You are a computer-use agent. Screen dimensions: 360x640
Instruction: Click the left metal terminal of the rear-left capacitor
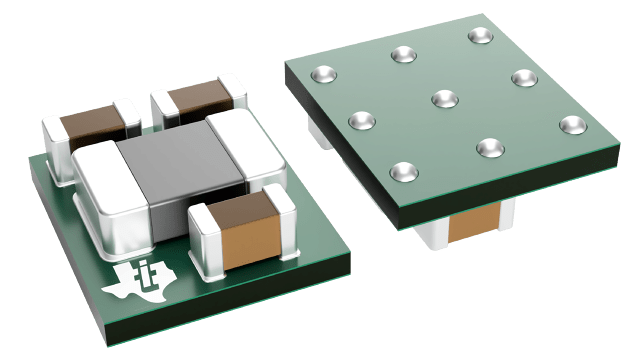coord(56,145)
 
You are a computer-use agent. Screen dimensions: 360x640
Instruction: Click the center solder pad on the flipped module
coord(442,97)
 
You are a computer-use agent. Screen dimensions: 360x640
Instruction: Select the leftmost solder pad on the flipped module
coord(323,73)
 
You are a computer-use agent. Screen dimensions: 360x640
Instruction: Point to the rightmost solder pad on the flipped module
coord(570,124)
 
